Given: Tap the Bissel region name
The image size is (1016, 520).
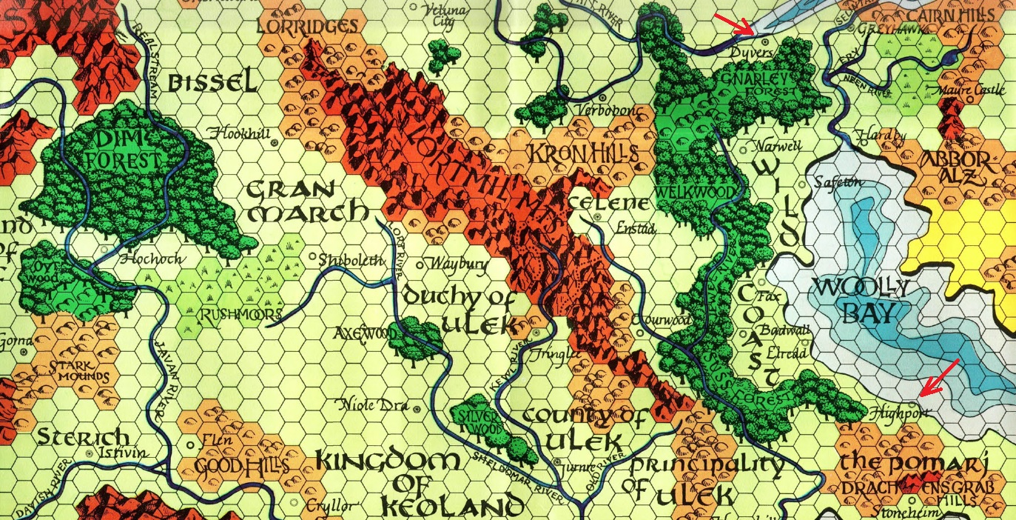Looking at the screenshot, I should [x=212, y=82].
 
